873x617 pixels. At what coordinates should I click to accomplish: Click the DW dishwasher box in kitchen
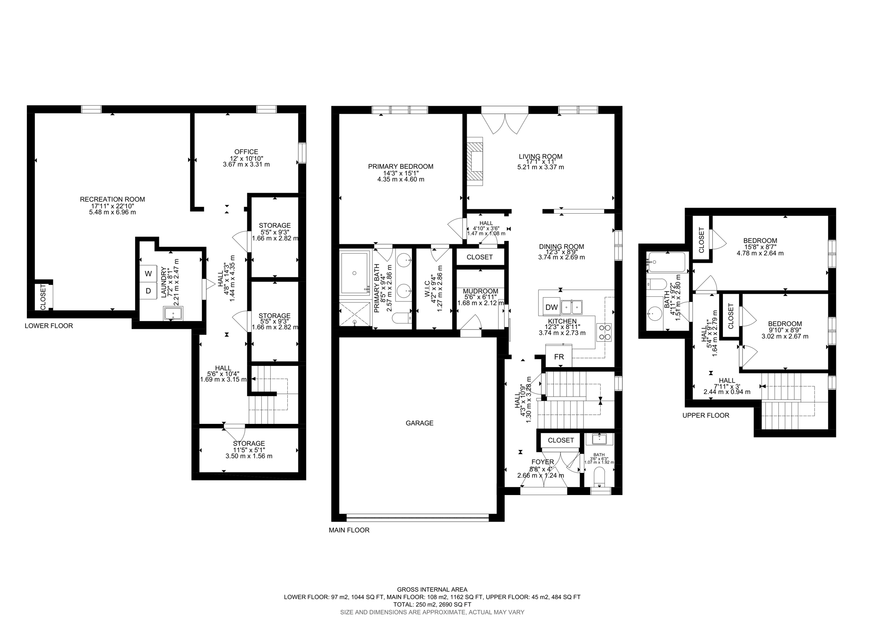tap(552, 307)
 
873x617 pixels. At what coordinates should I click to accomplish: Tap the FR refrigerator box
tap(559, 357)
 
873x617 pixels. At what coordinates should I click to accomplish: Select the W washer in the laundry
tap(148, 273)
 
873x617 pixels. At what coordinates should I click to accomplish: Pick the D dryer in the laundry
tap(148, 291)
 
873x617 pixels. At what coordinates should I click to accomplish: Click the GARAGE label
tap(419, 423)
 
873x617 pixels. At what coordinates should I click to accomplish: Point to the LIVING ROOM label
tap(540, 156)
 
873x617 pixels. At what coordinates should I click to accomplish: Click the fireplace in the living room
tap(475, 161)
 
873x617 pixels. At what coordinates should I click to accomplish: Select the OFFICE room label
tap(246, 152)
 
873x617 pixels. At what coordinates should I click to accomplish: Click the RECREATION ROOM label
tap(113, 199)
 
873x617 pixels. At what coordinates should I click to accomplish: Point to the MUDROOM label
tap(480, 291)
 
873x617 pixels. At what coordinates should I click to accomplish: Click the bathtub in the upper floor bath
tap(666, 262)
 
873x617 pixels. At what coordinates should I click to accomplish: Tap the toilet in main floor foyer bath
tap(599, 476)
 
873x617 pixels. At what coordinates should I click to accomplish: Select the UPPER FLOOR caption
tap(705, 415)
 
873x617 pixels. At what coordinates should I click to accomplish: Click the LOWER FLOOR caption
tap(49, 326)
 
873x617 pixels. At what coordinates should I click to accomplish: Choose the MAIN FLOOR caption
tap(349, 530)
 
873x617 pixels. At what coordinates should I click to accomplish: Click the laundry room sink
tap(173, 314)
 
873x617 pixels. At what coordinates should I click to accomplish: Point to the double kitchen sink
tap(572, 307)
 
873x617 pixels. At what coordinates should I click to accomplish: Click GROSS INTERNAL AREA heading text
tap(432, 590)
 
